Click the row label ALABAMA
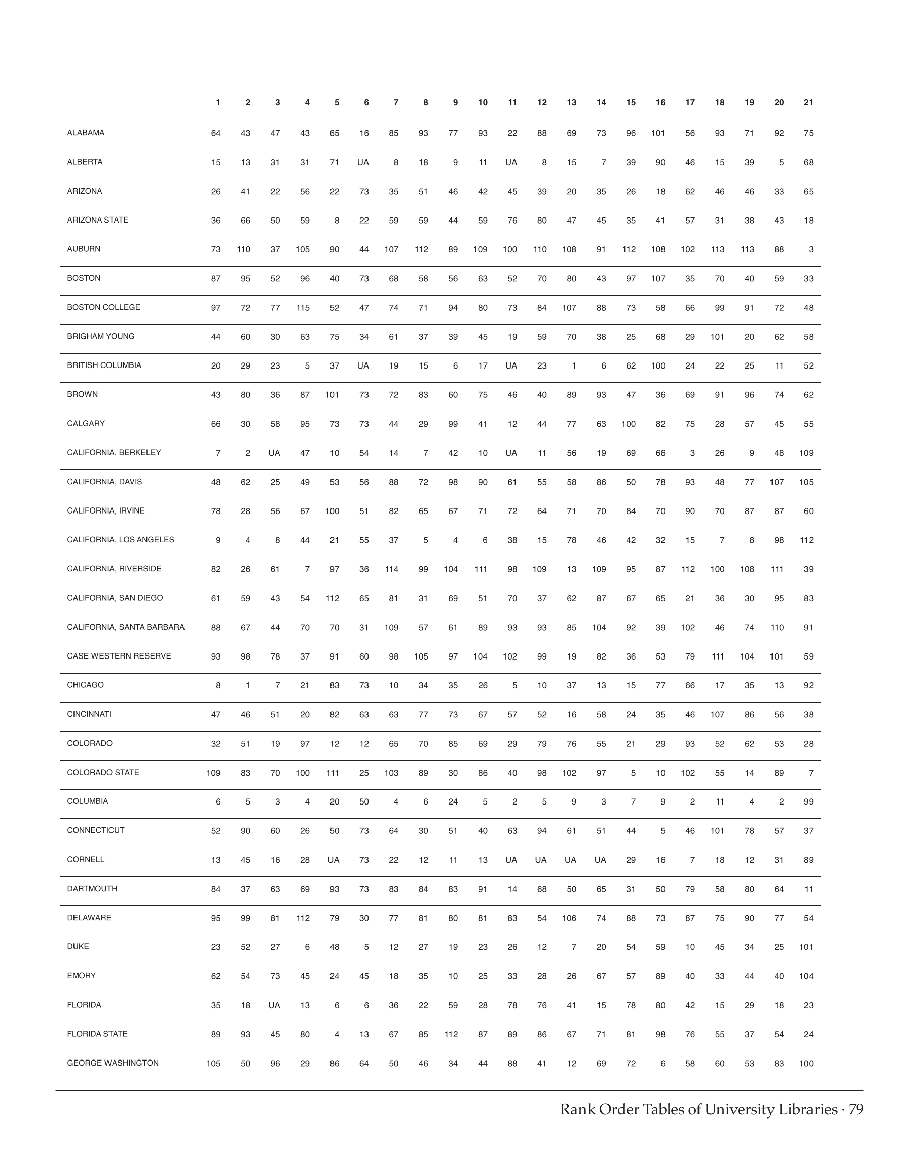(x=86, y=133)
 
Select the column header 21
(x=808, y=103)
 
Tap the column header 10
(x=483, y=103)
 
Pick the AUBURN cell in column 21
(x=811, y=250)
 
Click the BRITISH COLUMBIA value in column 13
(x=574, y=366)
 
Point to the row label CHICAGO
(x=86, y=685)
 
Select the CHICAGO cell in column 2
(x=247, y=686)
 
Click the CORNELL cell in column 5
(x=334, y=860)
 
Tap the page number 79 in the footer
(x=856, y=1109)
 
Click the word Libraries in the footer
(x=803, y=1109)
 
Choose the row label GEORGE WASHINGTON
(x=113, y=1063)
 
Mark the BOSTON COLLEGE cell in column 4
(x=303, y=308)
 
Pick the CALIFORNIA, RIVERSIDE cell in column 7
(x=392, y=569)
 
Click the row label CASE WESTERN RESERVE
(x=119, y=656)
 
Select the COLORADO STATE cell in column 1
(x=213, y=773)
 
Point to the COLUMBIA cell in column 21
(x=808, y=802)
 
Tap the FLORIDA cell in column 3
(x=274, y=1005)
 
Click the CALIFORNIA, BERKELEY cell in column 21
(x=806, y=453)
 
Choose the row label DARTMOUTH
(x=92, y=889)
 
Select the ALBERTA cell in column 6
(x=363, y=163)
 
